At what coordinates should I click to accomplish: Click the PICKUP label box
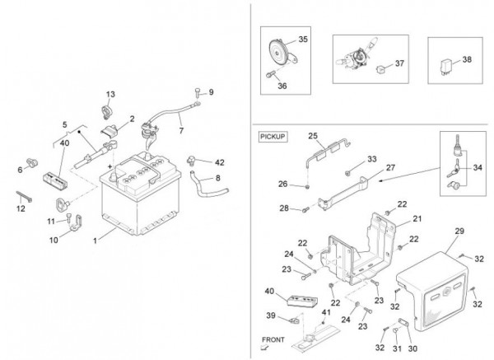[273, 137]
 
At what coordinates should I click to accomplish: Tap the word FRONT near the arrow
[273, 340]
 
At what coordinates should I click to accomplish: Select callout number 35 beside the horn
[303, 40]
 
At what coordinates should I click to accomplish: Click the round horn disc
[278, 54]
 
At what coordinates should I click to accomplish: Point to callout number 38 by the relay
[467, 59]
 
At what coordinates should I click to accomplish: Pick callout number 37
[399, 63]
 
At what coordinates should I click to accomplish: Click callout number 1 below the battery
[95, 241]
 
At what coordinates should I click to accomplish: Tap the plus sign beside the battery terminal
[110, 166]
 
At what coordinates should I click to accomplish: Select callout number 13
[110, 94]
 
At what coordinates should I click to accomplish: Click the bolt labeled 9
[198, 92]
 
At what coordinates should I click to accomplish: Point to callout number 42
[220, 162]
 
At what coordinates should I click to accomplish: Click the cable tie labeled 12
[24, 197]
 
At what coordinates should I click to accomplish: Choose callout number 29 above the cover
[459, 231]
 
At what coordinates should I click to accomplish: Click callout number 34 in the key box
[478, 168]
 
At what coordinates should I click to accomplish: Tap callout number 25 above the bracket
[313, 136]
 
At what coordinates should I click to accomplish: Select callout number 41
[326, 312]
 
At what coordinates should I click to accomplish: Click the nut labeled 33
[347, 173]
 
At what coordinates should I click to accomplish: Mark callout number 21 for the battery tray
[417, 218]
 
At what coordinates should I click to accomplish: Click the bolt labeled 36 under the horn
[271, 74]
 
